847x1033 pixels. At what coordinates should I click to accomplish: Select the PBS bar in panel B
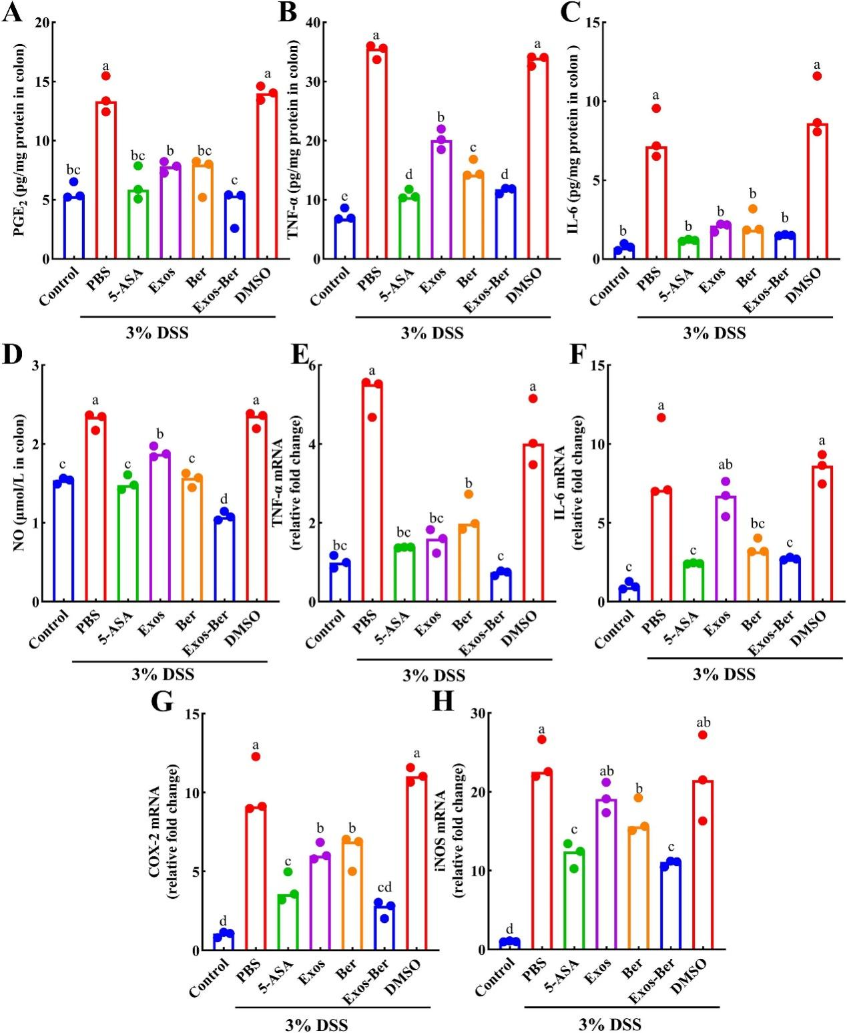[377, 154]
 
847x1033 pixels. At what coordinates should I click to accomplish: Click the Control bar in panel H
[511, 944]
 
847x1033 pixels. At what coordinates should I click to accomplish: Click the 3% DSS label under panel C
[714, 333]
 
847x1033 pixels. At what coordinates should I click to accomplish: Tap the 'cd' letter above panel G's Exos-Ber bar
[384, 887]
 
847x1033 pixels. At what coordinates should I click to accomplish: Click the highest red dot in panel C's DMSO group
[817, 76]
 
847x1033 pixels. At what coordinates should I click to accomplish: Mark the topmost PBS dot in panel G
[255, 757]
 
